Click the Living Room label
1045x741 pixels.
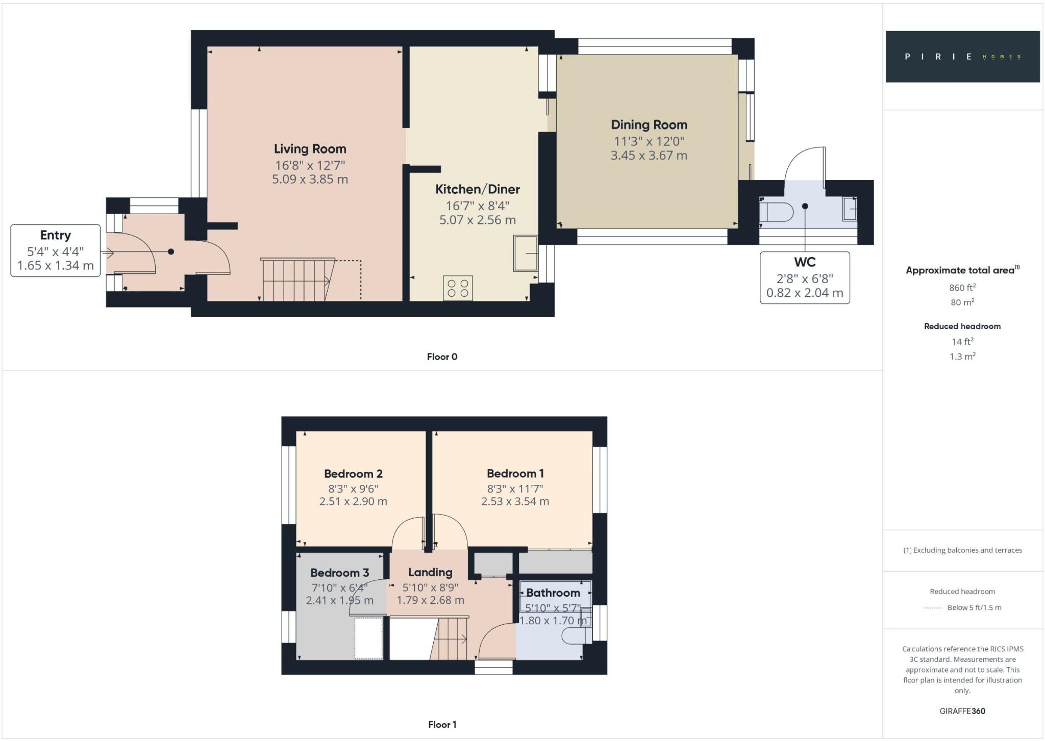[x=310, y=149]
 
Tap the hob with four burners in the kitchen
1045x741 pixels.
[x=458, y=288]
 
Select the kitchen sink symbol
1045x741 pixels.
[x=525, y=253]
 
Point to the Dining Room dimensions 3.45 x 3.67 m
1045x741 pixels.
[x=649, y=156]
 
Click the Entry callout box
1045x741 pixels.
[x=55, y=250]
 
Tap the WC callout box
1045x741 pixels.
[x=805, y=277]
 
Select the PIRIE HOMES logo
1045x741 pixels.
[x=962, y=57]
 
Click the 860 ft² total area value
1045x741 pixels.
[x=962, y=288]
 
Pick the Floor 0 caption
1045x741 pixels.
[x=442, y=357]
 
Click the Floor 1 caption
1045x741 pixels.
[x=442, y=724]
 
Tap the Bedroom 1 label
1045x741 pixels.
[x=515, y=474]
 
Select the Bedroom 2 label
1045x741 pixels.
[x=353, y=474]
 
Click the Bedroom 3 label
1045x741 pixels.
[x=339, y=573]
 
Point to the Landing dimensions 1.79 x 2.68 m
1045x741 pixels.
[x=430, y=600]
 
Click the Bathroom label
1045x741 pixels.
[x=553, y=593]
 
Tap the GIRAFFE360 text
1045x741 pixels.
[x=962, y=711]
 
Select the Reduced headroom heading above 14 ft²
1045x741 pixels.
[x=962, y=326]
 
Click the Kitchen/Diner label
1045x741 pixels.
[x=477, y=189]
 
